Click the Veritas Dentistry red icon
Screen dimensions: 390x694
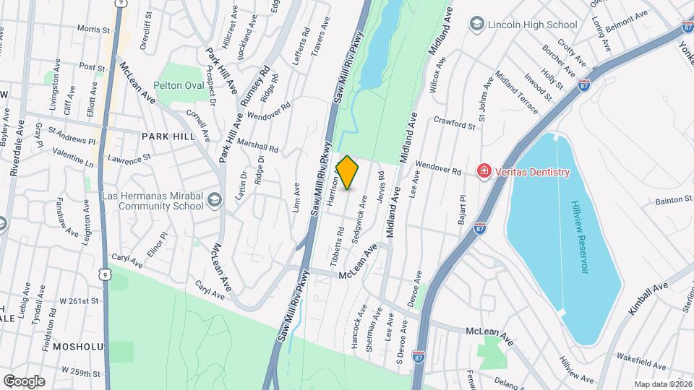tap(482, 171)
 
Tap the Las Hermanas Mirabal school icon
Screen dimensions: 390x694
tap(214, 199)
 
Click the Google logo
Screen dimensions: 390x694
tap(23, 381)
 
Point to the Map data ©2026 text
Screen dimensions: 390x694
tap(662, 383)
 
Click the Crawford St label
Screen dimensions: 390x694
tap(455, 124)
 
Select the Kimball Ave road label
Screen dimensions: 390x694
tap(648, 298)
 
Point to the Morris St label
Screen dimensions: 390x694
tap(93, 30)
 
